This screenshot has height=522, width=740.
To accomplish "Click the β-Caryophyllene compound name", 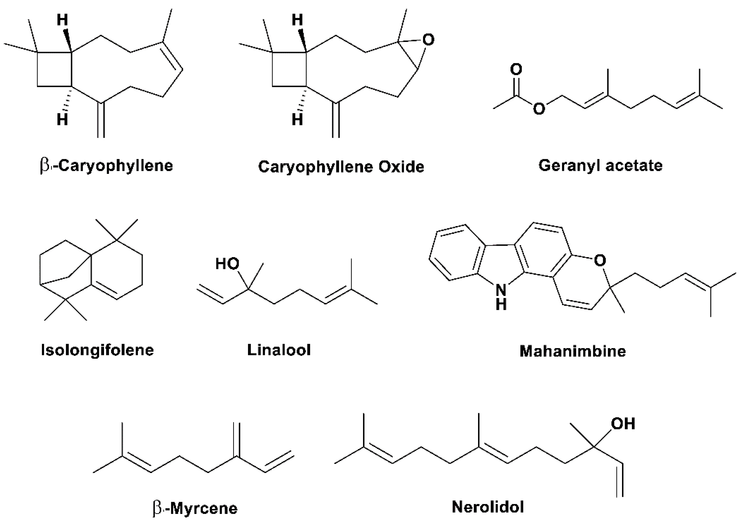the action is [x=106, y=166].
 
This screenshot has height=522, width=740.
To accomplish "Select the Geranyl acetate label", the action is [x=600, y=166].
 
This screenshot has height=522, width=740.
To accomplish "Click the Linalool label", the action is [x=279, y=350].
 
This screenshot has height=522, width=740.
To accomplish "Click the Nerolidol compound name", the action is [x=488, y=507].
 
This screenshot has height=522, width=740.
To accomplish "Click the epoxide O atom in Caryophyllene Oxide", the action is [x=428, y=40].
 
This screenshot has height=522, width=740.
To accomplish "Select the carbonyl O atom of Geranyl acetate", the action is [x=516, y=69].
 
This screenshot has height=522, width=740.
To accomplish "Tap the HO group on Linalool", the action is [x=227, y=264].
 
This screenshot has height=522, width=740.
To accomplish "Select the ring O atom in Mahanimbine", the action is [x=599, y=260].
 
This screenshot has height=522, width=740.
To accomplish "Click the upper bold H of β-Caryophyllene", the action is [x=62, y=20].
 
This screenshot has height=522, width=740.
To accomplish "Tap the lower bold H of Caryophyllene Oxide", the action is [x=297, y=120].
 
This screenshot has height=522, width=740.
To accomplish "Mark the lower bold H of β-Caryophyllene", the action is [x=62, y=120].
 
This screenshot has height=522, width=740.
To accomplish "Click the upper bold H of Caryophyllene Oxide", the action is [x=297, y=20].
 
